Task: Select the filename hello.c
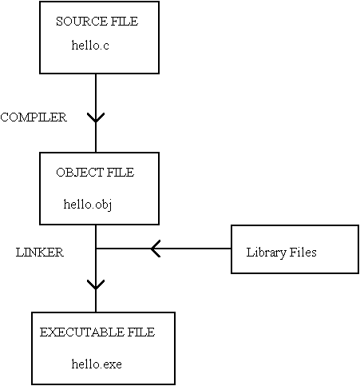90,45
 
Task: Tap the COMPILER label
34,117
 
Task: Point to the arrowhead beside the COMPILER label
96,117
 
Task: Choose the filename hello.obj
88,205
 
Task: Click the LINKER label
40,253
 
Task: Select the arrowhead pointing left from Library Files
156,249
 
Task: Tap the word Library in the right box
266,253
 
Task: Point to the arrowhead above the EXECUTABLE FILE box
96,285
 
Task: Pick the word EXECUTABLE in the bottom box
82,332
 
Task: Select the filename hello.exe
97,364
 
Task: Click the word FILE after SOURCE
125,22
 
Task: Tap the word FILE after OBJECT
121,173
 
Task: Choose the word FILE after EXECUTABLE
141,332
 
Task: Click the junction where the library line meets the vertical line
96,249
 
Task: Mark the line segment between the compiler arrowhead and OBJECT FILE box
96,137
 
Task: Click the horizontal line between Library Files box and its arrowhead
196,249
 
